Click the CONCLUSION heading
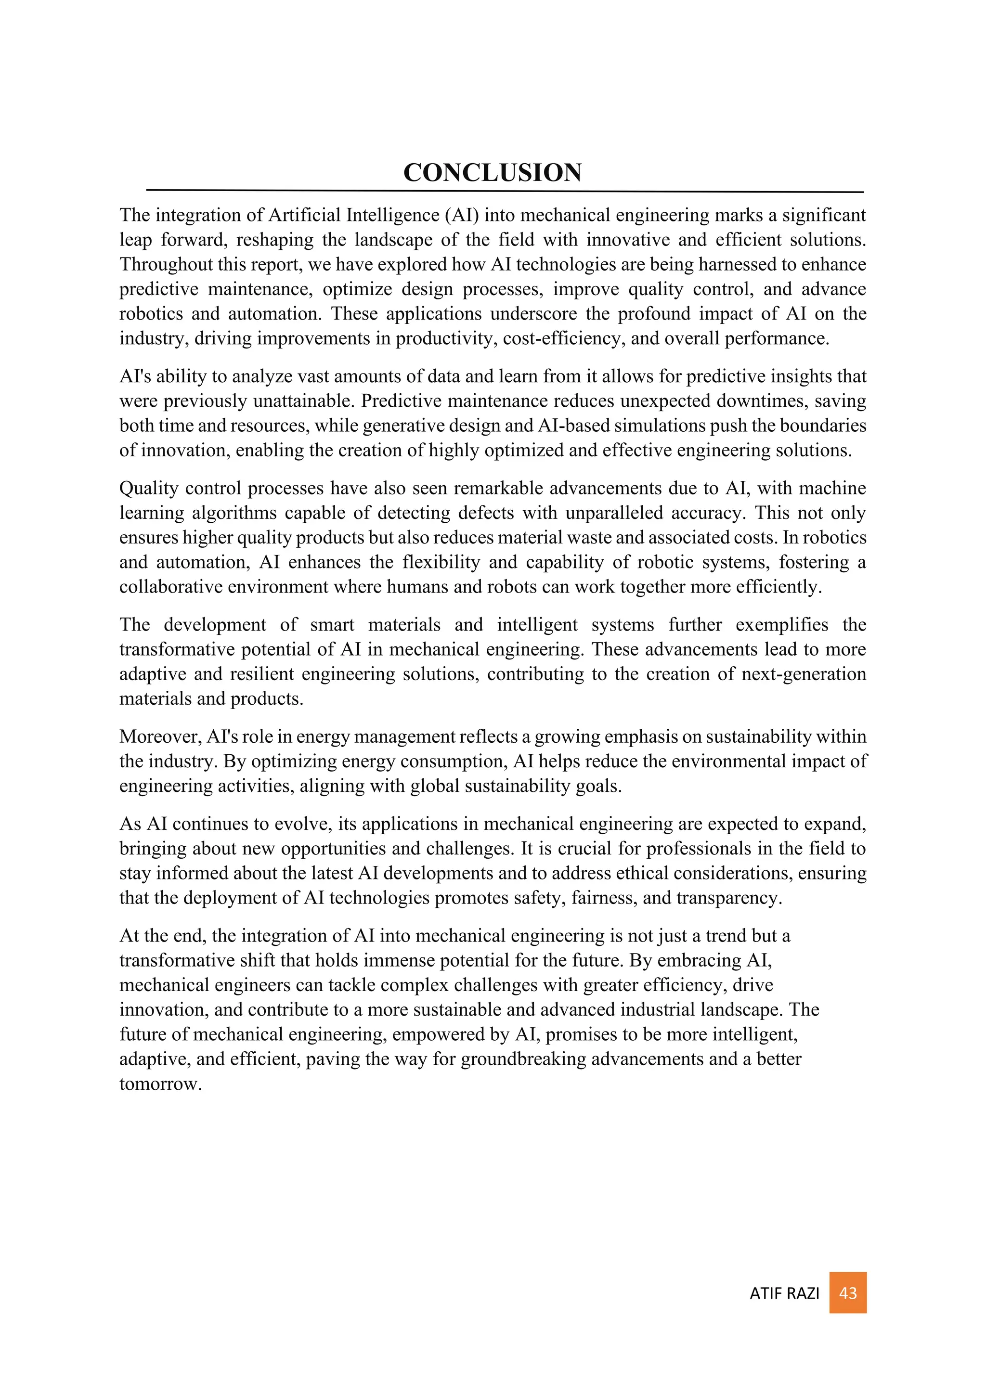click(493, 172)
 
